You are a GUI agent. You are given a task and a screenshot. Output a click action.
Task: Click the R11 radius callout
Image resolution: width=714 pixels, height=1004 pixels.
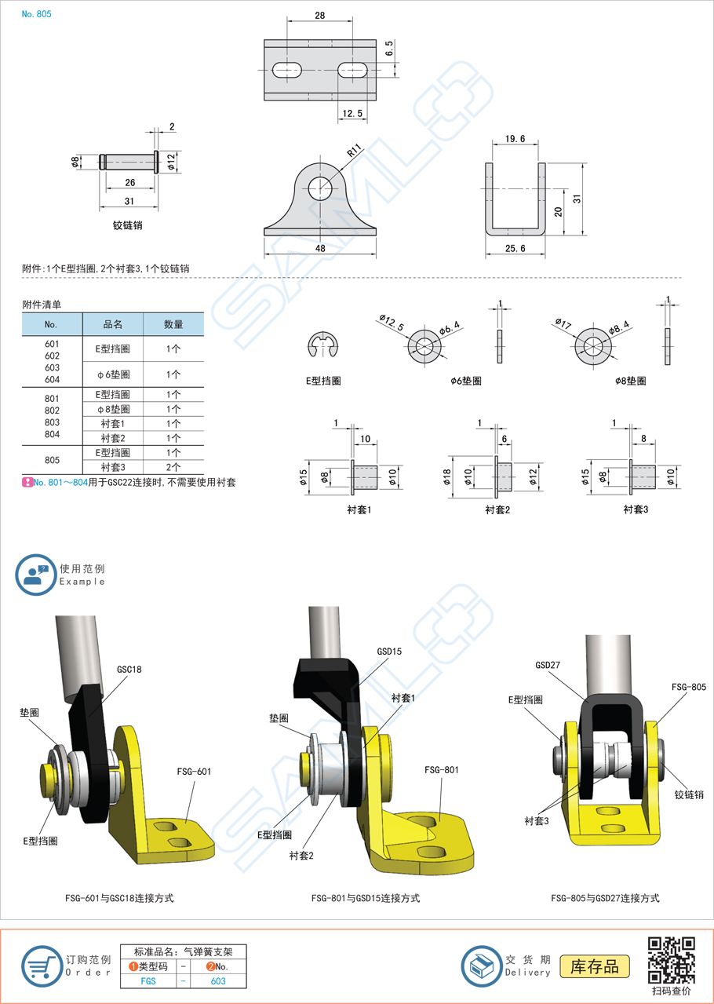(354, 151)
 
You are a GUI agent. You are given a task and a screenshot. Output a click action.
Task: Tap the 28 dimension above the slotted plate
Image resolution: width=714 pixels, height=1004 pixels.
(320, 16)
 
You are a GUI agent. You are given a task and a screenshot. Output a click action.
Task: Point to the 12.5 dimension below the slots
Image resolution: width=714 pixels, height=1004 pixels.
(352, 113)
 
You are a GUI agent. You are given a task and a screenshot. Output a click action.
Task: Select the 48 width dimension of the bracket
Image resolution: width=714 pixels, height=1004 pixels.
(320, 248)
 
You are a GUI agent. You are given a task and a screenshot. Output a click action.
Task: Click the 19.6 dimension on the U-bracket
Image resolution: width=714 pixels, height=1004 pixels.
(515, 139)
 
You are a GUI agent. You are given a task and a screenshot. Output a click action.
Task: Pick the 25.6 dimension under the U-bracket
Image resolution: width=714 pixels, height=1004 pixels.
(515, 248)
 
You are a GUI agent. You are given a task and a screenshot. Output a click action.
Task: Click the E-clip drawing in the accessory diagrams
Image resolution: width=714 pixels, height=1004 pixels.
(323, 345)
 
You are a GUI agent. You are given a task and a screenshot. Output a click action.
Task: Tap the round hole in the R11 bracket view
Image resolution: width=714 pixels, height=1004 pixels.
(320, 188)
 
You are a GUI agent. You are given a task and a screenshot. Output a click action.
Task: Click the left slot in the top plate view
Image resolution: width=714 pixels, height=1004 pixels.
(287, 71)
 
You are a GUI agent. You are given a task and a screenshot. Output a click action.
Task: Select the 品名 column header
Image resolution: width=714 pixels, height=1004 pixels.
(113, 324)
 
